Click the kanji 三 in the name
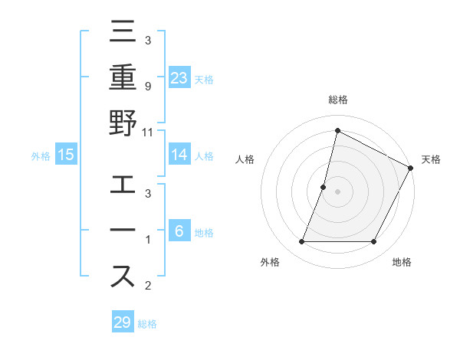point(123,33)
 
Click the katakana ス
point(123,277)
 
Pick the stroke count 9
point(147,86)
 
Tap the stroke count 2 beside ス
point(147,286)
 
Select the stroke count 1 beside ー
point(147,240)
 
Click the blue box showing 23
point(179,77)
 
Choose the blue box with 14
point(179,155)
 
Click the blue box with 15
point(66,155)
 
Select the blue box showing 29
point(123,322)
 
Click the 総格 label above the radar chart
point(337,100)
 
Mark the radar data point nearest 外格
point(302,242)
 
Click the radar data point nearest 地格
point(374,242)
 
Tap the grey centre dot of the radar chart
point(337,191)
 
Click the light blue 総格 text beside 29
point(147,324)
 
